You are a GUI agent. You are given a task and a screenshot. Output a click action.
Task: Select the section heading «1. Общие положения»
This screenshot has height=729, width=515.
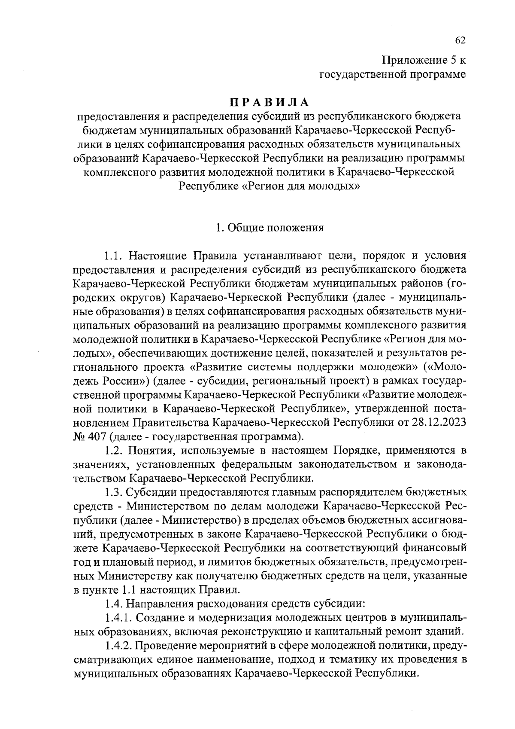tap(270, 228)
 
